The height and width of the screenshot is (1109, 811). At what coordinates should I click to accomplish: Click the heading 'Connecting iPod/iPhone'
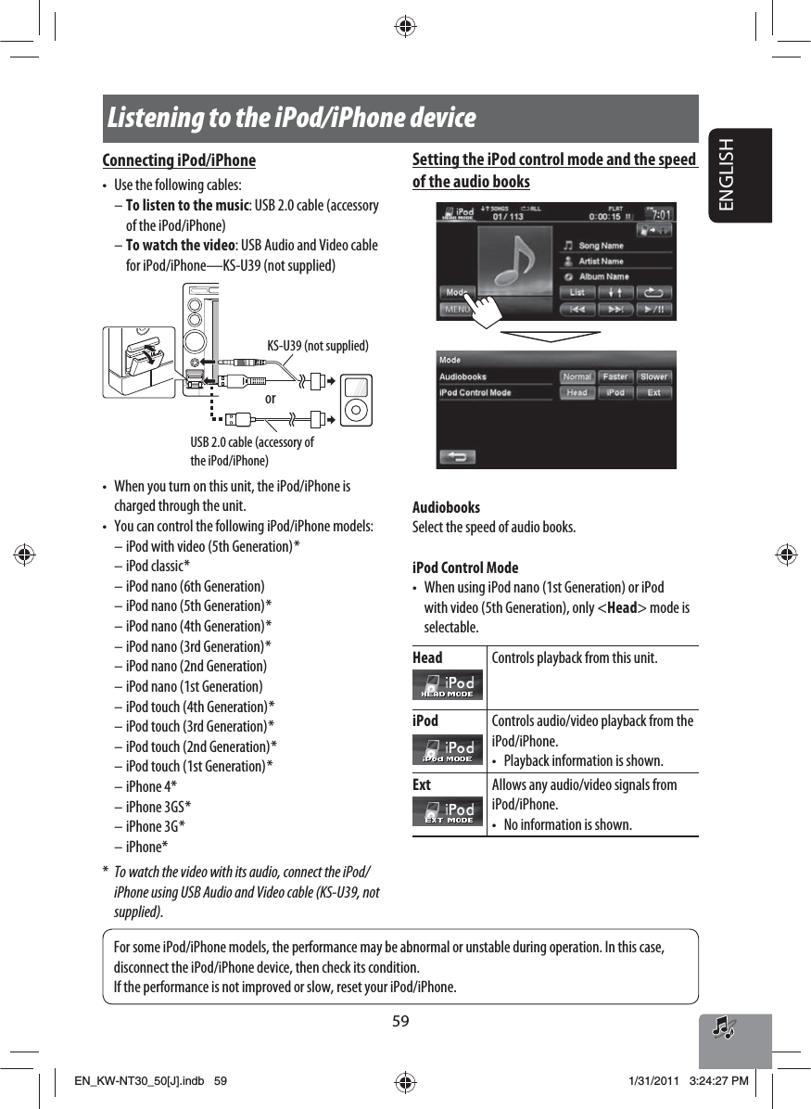[179, 160]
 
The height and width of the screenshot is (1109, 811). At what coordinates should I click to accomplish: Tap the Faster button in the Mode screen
[615, 377]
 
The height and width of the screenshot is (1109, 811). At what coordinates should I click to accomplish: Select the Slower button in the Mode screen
[653, 377]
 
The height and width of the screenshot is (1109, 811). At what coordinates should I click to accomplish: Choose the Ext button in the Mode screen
[653, 393]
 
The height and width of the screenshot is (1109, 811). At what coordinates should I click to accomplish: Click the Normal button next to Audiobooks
[577, 377]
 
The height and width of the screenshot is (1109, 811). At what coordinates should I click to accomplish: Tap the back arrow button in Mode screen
[457, 456]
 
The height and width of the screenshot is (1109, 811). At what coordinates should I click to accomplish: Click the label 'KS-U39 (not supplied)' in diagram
[318, 346]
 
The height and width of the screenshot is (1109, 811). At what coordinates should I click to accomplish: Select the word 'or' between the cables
[271, 399]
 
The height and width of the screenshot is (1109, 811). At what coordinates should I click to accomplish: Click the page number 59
[400, 1021]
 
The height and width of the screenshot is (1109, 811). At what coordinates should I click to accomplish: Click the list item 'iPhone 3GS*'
[158, 807]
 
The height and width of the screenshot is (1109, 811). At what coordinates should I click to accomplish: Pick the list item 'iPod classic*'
[158, 567]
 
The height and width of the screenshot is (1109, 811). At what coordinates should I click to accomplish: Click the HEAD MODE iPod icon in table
[449, 684]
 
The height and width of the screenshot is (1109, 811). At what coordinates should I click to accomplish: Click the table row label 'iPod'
[426, 720]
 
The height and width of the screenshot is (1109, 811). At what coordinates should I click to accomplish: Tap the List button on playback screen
[577, 293]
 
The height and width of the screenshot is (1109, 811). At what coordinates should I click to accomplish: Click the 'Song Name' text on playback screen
[601, 246]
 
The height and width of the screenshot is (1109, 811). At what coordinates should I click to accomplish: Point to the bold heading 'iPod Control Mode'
[465, 567]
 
